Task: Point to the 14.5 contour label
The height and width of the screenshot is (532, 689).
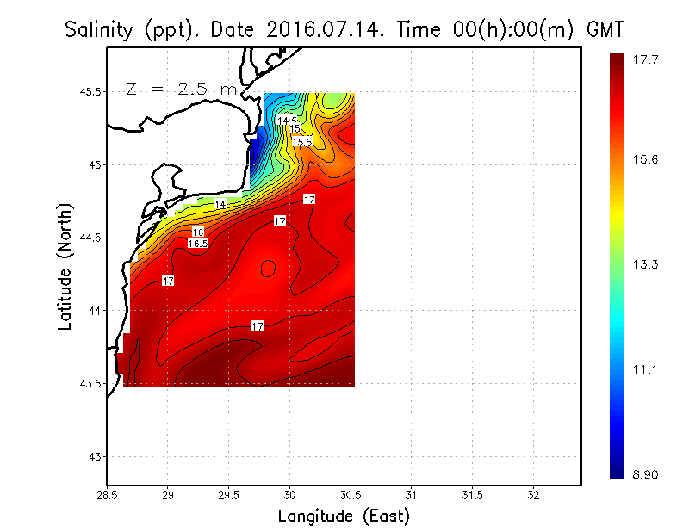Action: pos(288,121)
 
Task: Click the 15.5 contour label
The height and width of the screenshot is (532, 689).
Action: pos(301,141)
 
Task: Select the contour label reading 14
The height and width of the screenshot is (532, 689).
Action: pos(220,204)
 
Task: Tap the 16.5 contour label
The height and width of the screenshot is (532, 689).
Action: pos(198,244)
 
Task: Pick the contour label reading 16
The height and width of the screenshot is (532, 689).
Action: pos(198,232)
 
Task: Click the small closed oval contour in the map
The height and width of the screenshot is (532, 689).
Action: pos(268,269)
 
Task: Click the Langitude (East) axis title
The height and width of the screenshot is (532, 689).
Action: pos(344,517)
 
